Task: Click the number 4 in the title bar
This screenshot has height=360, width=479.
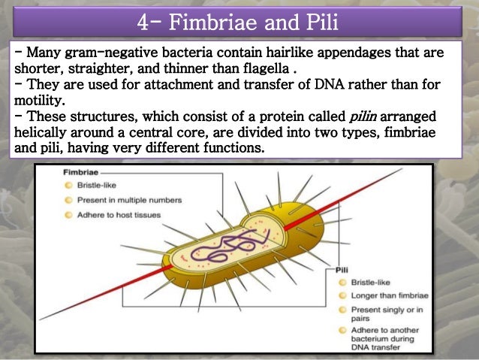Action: pyautogui.click(x=144, y=23)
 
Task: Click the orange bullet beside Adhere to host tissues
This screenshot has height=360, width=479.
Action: pyautogui.click(x=69, y=215)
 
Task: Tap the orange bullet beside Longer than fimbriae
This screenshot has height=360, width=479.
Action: pyautogui.click(x=342, y=295)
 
